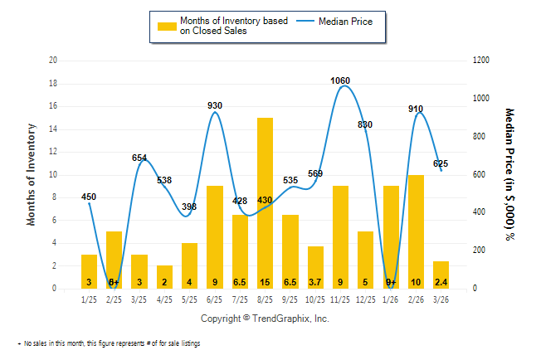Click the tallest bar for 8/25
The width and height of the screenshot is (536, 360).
266,203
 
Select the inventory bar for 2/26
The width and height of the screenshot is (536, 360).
417,231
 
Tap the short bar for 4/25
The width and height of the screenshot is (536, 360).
164,277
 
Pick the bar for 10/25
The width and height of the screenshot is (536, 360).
316,267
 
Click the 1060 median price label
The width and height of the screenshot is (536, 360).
340,80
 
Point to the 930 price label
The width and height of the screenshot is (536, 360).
215,105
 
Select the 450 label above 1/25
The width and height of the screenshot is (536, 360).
89,197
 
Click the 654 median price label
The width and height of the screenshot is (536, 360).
139,158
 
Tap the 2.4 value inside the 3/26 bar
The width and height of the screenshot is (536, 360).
441,283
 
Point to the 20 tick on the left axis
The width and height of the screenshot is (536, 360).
53,61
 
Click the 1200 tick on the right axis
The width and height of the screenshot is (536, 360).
482,61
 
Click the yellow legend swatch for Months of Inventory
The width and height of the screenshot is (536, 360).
167,26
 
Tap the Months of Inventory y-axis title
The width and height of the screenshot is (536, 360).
32,174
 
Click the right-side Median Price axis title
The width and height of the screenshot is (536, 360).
509,174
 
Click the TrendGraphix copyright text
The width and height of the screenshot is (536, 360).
265,319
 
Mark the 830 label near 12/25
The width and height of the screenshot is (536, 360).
366,124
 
